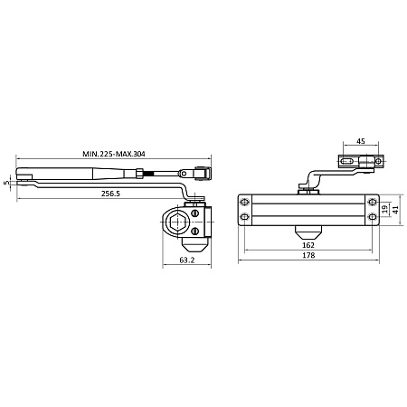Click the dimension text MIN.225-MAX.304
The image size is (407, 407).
click(x=114, y=154)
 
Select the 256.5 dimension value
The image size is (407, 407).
click(x=110, y=194)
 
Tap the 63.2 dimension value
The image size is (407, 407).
click(x=187, y=260)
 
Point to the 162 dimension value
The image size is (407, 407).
click(x=308, y=245)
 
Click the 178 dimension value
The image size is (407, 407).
click(x=308, y=255)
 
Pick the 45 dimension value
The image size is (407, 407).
click(x=361, y=141)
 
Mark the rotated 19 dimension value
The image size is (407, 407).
click(x=384, y=209)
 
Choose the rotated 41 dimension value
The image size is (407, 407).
click(x=395, y=210)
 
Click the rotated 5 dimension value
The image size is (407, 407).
click(x=5, y=183)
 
